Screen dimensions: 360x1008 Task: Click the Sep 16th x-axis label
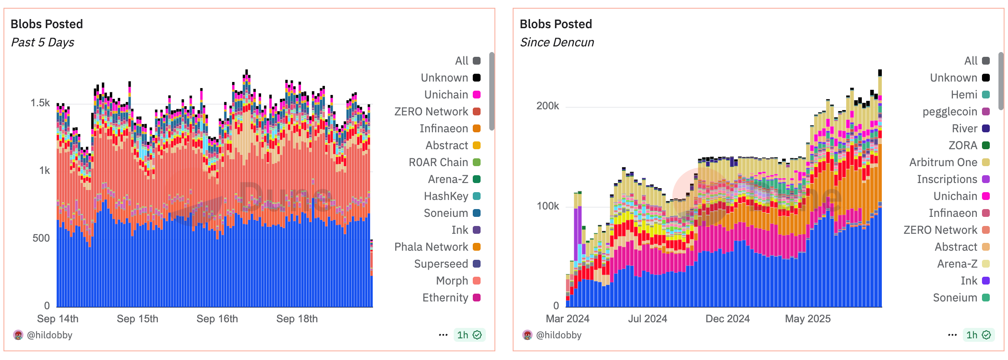217,319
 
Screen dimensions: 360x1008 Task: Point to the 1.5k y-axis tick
40,103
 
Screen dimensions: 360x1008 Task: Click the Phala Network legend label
431,247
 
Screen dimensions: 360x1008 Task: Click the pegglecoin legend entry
949,111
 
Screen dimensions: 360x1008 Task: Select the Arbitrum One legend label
943,162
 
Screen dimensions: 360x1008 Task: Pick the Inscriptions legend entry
947,179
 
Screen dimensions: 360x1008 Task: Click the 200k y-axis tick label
547,106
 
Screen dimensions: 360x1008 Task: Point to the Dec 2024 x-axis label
727,319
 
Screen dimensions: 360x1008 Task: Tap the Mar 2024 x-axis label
567,319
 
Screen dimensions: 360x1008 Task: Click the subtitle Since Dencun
556,43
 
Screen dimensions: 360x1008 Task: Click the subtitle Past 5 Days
43,43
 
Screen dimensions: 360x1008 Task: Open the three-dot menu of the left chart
443,335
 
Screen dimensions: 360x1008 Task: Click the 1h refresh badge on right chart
978,335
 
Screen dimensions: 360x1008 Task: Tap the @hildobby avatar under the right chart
527,335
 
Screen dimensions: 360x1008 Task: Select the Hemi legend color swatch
986,95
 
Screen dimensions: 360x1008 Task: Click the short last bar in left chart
372,278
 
